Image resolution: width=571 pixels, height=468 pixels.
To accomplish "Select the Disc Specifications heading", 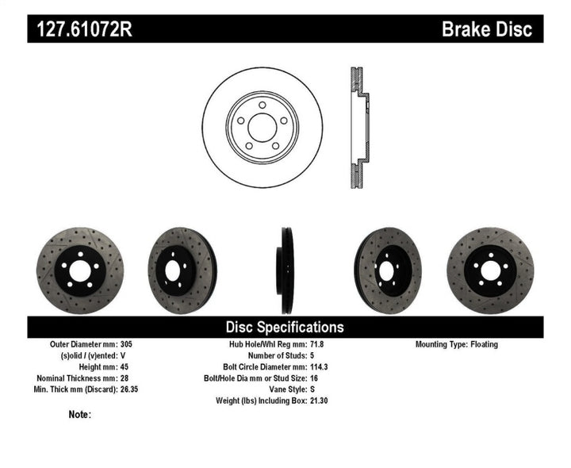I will (285, 327).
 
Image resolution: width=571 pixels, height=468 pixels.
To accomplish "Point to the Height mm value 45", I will (125, 367).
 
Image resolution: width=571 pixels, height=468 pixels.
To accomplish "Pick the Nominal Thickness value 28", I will (125, 378).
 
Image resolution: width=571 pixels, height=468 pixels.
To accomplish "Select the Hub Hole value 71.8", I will (317, 345).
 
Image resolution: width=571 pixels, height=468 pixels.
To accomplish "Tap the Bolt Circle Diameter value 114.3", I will (320, 367).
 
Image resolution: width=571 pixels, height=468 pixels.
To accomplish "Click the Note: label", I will (79, 414).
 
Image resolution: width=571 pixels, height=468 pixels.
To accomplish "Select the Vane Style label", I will (282, 389).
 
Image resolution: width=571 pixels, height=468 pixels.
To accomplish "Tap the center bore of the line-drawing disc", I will (262, 127).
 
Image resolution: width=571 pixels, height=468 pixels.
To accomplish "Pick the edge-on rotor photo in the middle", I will (285, 270).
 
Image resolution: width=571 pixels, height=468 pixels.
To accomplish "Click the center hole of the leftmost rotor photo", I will (79, 271).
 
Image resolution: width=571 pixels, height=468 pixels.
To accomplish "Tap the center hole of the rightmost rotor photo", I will (489, 271).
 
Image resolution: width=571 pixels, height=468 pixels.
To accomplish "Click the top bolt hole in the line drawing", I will (262, 105).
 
